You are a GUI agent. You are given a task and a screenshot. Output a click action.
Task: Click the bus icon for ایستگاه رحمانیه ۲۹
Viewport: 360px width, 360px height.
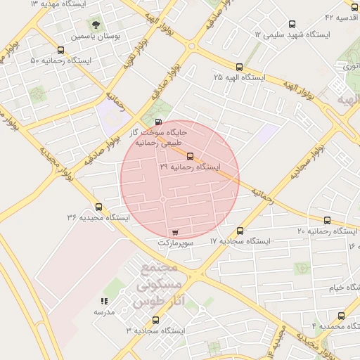click(x=190, y=156)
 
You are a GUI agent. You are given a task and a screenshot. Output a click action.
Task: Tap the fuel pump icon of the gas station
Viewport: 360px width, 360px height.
click(x=147, y=120)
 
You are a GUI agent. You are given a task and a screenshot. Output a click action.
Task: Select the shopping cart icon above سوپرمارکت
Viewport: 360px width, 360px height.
click(x=174, y=231)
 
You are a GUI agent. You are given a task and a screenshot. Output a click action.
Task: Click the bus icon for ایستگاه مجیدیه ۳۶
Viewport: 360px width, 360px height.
click(x=98, y=207)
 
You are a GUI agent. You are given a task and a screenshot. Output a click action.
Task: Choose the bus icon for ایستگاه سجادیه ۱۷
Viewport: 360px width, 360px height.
click(x=240, y=231)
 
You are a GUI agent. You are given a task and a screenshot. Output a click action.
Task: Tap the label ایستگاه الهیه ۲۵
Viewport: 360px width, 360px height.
click(x=239, y=77)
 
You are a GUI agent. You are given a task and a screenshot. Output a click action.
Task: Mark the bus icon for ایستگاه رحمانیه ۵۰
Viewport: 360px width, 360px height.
click(x=60, y=50)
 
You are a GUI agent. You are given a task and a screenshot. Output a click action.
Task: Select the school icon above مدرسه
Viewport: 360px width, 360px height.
click(x=104, y=301)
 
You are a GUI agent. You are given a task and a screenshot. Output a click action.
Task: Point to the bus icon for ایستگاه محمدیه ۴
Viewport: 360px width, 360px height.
click(x=342, y=316)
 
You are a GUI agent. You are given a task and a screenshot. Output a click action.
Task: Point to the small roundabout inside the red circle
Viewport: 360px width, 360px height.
click(x=163, y=200)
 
